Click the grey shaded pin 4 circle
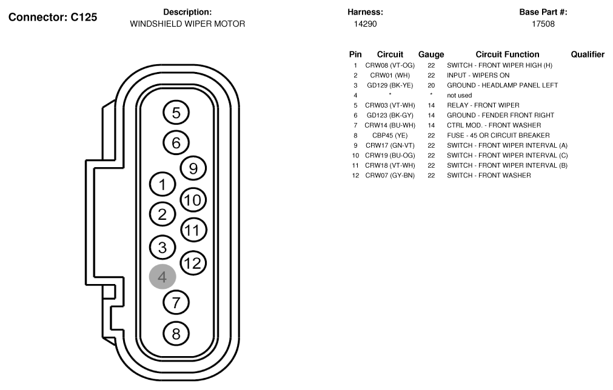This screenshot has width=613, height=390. [162, 277]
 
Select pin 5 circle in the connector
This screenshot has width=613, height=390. [176, 113]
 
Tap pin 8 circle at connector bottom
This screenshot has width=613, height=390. [176, 334]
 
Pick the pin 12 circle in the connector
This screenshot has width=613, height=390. [193, 263]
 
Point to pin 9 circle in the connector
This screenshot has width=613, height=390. [193, 168]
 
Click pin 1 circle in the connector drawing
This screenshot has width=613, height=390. [162, 184]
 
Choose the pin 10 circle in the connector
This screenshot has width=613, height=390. [193, 200]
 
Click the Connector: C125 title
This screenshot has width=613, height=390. [53, 17]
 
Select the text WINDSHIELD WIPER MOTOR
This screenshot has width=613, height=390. [187, 24]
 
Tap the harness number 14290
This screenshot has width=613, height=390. [365, 24]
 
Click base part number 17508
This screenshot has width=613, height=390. [543, 24]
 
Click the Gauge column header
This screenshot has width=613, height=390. [431, 55]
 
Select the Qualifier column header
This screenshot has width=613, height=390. [588, 55]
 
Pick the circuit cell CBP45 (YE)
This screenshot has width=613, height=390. [390, 136]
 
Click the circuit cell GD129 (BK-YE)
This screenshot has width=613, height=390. [390, 85]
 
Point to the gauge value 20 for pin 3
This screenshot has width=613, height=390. [431, 85]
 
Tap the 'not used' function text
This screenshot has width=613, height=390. [460, 95]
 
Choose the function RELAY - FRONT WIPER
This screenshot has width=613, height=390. [483, 105]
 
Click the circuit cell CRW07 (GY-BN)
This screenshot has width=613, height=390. [390, 175]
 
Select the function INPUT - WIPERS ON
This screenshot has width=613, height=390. [478, 75]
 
